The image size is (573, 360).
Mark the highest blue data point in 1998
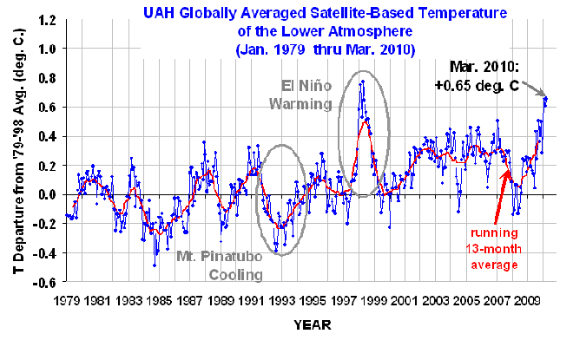click(x=363, y=82)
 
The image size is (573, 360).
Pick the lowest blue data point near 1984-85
click(x=155, y=265)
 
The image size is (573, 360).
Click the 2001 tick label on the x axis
click(x=406, y=300)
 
